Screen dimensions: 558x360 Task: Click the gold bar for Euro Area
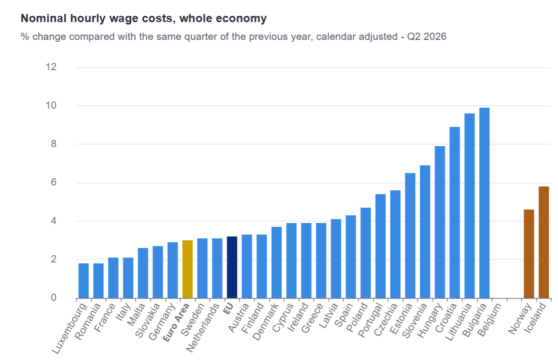pyautogui.click(x=187, y=269)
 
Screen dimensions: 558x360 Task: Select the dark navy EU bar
pyautogui.click(x=232, y=267)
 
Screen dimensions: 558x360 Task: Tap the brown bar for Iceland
pyautogui.click(x=544, y=242)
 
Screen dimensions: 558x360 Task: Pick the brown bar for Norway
pyautogui.click(x=529, y=254)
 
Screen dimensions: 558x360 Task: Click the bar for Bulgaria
pyautogui.click(x=484, y=203)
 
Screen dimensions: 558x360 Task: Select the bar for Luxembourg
pyautogui.click(x=84, y=281)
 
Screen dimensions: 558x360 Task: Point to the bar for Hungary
pyautogui.click(x=440, y=222)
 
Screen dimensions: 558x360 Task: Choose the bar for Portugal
pyautogui.click(x=381, y=246)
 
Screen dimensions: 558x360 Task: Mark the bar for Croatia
pyautogui.click(x=455, y=212)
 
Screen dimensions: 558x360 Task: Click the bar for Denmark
pyautogui.click(x=276, y=262)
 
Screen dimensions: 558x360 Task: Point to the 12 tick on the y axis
pyautogui.click(x=51, y=67)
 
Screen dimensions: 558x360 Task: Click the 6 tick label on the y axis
pyautogui.click(x=53, y=183)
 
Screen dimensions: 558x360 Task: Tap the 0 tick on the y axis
pyautogui.click(x=53, y=298)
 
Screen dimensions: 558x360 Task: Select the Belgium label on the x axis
pyautogui.click(x=490, y=320)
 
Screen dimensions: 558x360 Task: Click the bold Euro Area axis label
pyautogui.click(x=176, y=323)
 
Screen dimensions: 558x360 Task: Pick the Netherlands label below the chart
pyautogui.click(x=202, y=328)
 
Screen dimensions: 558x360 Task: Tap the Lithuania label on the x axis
pyautogui.click(x=459, y=322)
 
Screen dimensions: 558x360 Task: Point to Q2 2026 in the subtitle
pyautogui.click(x=427, y=37)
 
